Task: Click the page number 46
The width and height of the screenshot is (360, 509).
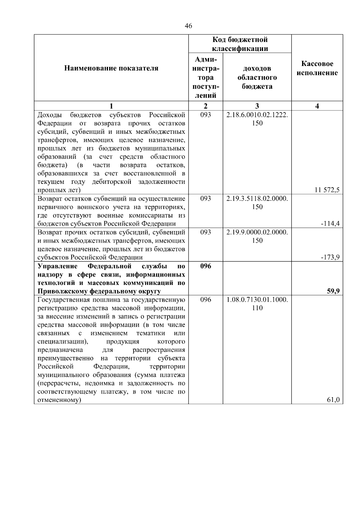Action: click(188, 26)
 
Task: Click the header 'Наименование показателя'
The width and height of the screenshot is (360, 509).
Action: click(111, 68)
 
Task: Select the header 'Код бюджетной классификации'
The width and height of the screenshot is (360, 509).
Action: click(240, 44)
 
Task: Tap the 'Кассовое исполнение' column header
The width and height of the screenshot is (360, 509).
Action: click(317, 68)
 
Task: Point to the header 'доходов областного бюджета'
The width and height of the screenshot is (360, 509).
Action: click(257, 77)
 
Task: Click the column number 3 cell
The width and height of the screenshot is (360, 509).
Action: click(257, 106)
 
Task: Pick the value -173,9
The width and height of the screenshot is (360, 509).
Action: click(331, 257)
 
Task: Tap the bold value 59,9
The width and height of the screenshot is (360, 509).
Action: click(333, 291)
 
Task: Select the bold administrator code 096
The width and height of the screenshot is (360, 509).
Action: click(205, 266)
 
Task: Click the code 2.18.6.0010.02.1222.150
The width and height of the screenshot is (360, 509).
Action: click(257, 119)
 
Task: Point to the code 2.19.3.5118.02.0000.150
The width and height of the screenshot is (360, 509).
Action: click(257, 202)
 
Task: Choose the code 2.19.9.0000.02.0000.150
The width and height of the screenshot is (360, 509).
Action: click(257, 236)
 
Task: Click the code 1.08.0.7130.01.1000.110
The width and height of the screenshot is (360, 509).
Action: click(257, 304)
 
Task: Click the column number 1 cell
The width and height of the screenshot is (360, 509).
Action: click(111, 106)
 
